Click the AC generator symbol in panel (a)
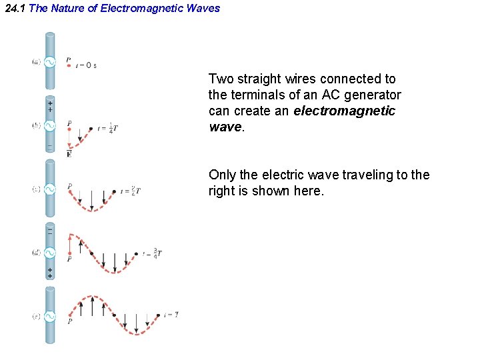coord(50,62)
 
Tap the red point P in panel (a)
coord(69,66)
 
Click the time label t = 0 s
coord(86,66)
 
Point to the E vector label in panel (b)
coord(69,155)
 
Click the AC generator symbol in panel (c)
coord(50,189)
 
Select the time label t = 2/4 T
coord(131,191)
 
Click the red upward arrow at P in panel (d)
coord(69,245)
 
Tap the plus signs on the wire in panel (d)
coord(50,273)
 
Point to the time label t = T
coord(171,314)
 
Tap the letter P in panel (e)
coord(69,321)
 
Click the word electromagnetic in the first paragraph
coord(344,111)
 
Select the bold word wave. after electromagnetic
coord(227,127)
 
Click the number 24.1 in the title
coord(15,9)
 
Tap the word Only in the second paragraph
coord(222,175)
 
